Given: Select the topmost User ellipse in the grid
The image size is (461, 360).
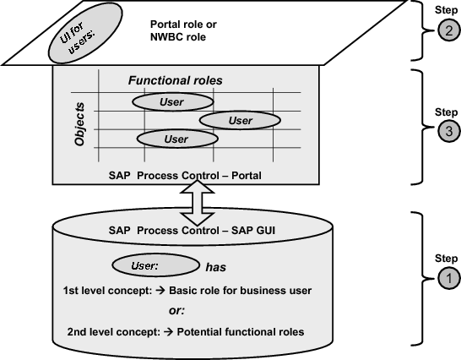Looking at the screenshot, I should tap(171, 102).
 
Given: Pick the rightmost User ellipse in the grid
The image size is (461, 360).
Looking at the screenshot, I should tap(240, 120).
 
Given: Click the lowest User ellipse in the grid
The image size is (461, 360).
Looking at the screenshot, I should tap(176, 139).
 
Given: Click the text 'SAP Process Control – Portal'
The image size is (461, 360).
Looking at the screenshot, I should tap(186, 175).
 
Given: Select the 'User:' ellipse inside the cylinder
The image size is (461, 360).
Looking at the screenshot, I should tap(149, 266).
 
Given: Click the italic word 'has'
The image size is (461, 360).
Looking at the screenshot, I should tap(216, 266).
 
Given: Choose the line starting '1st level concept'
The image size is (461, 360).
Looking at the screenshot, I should tap(187, 291).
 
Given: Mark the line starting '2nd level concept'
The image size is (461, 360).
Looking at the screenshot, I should tap(184, 331).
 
